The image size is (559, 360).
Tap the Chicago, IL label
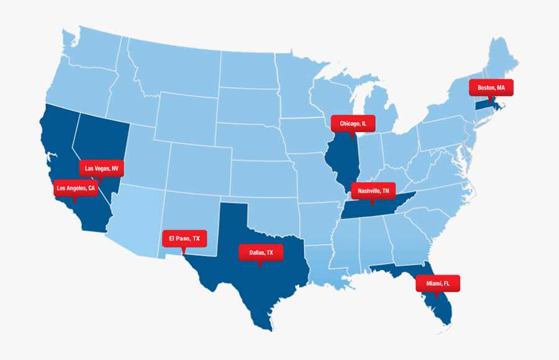[353, 124]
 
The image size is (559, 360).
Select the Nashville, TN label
[373, 191]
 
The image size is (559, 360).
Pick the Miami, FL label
[437, 283]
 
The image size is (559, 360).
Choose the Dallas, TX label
[261, 252]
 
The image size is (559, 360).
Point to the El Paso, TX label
[184, 238]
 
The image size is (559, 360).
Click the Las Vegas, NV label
[101, 168]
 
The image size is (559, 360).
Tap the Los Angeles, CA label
[75, 188]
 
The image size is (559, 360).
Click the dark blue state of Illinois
[342, 161]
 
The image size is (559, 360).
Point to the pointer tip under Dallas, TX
[260, 265]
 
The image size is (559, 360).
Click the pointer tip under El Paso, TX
[183, 251]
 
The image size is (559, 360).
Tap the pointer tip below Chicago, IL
[352, 136]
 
